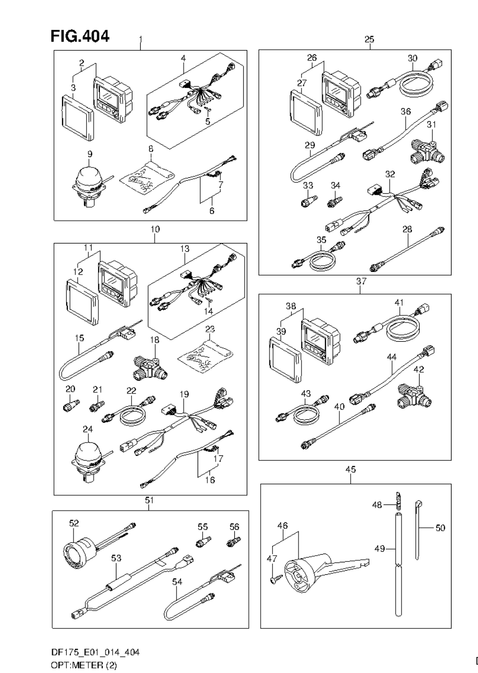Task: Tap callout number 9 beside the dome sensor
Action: (x=90, y=154)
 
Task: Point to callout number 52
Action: (x=74, y=523)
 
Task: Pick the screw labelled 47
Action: (x=275, y=579)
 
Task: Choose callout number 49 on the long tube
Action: (x=379, y=548)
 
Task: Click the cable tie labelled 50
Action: (x=417, y=530)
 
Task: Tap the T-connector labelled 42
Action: (x=413, y=395)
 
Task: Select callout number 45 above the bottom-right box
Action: (x=350, y=470)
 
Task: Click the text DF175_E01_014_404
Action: (x=95, y=652)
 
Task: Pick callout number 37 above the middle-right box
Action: (x=361, y=281)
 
